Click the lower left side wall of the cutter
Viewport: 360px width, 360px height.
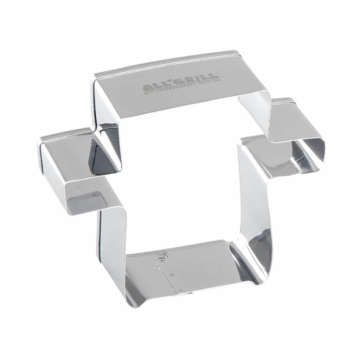click(112, 246)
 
